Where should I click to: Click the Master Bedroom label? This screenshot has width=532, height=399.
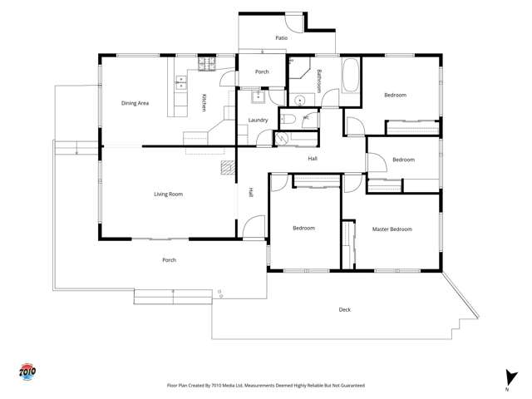pyautogui.click(x=392, y=229)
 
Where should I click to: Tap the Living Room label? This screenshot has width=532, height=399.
pyautogui.click(x=168, y=194)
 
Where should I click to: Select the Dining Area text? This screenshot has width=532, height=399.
pyautogui.click(x=135, y=103)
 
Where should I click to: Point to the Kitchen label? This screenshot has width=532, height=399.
pyautogui.click(x=204, y=102)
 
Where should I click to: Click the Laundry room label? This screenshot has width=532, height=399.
pyautogui.click(x=258, y=120)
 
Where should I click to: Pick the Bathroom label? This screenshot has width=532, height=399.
pyautogui.click(x=319, y=81)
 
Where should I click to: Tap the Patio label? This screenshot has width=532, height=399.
pyautogui.click(x=281, y=37)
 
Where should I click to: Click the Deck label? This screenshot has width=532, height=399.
pyautogui.click(x=345, y=309)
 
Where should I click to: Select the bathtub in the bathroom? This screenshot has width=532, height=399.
pyautogui.click(x=351, y=76)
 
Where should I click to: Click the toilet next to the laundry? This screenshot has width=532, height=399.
pyautogui.click(x=288, y=119)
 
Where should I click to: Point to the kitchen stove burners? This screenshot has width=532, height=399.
pyautogui.click(x=207, y=63)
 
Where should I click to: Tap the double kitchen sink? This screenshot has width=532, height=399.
pyautogui.click(x=181, y=83)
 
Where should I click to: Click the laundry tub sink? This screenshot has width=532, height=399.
pyautogui.click(x=258, y=97)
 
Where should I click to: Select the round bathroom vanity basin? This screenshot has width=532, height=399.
pyautogui.click(x=300, y=101)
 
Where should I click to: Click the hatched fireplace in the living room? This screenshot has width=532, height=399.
pyautogui.click(x=228, y=168)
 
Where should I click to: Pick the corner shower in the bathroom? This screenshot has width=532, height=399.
pyautogui.click(x=299, y=68)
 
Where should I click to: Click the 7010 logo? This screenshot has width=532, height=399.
pyautogui.click(x=27, y=372)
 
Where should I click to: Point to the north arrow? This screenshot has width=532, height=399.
pyautogui.click(x=510, y=377)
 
